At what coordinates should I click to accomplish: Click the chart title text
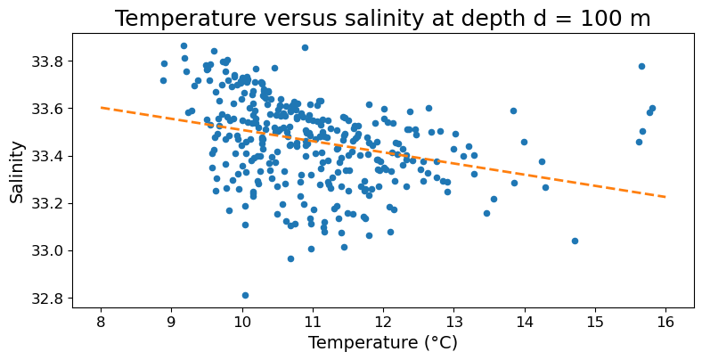coord(382,19)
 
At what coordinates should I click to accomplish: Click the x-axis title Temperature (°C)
coord(382,343)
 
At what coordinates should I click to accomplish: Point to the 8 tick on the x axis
coord(101,321)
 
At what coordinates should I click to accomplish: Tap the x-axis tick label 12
coord(383,321)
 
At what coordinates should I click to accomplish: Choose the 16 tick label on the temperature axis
coord(665,321)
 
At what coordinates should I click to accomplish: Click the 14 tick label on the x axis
coord(524,321)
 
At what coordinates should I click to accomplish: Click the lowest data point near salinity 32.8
coord(245,295)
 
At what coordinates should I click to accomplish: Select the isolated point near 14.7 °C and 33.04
coord(575,241)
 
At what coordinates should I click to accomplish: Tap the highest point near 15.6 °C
coord(641,66)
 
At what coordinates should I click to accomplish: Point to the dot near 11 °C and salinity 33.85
coord(305,47)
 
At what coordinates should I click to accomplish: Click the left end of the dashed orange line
coord(101,107)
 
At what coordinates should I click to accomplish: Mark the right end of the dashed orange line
coord(665,196)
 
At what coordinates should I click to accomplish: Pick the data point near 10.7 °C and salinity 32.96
coord(290,258)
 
